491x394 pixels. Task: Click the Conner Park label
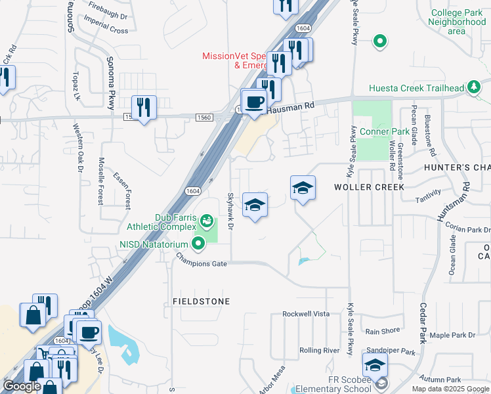385,131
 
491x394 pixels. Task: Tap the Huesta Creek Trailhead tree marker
473,88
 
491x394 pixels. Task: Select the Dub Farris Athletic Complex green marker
207,220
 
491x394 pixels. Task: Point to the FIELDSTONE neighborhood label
201,301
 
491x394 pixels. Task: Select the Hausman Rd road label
291,104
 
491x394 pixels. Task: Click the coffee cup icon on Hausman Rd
254,102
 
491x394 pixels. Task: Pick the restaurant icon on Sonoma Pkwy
144,106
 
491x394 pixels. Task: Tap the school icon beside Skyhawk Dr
255,204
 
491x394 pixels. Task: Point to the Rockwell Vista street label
306,314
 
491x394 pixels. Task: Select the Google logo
22,386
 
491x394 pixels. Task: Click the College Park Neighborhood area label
457,22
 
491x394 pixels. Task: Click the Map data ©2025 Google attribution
450,389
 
